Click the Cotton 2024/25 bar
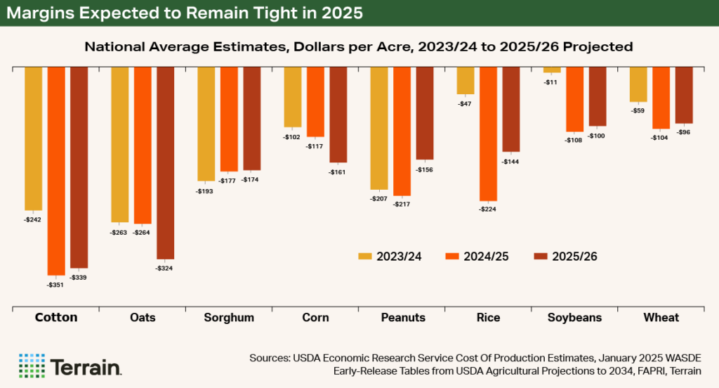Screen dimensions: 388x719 pos(56,170)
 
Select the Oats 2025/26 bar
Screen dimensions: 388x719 pos(165,162)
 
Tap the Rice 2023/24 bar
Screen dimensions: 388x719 pos(466,80)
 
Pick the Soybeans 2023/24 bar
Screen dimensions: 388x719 pos(552,70)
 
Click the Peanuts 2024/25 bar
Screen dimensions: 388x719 pos(402,131)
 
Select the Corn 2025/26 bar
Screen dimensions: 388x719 pos(338,115)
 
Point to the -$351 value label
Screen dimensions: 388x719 pos(56,285)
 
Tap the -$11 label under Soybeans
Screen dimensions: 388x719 pos(552,82)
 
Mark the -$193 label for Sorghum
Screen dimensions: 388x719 pos(206,190)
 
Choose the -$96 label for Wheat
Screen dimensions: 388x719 pos(684,132)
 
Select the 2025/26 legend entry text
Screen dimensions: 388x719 pos(574,257)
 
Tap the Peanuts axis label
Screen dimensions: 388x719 pos(402,318)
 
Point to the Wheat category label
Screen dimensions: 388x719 pos(661,318)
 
